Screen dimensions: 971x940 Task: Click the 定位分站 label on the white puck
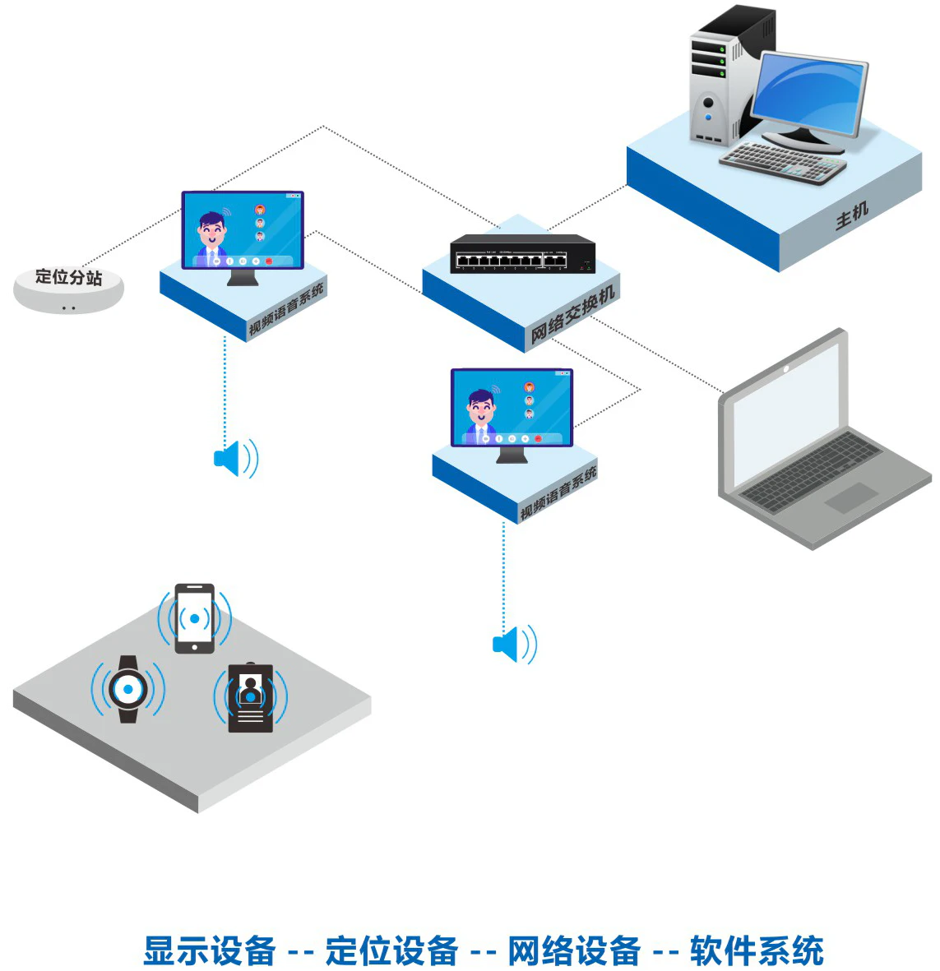point(68,277)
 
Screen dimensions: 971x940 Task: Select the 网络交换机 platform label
point(572,314)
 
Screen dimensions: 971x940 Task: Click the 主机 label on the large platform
point(852,215)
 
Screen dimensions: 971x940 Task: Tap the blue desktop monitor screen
point(809,95)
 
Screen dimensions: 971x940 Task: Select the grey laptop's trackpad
point(852,497)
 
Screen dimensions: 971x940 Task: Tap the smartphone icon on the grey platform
point(195,618)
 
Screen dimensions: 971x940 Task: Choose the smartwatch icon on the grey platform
point(128,689)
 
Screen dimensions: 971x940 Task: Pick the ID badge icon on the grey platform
point(250,697)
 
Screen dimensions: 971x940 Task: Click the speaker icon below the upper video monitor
point(235,458)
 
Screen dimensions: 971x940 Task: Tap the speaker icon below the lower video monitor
point(514,644)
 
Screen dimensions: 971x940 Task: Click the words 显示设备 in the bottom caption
point(209,950)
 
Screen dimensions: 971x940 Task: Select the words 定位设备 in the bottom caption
point(391,950)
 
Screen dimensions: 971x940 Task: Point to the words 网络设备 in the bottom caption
point(573,950)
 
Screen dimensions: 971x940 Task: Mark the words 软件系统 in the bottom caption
point(757,950)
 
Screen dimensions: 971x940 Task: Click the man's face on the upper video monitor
point(212,227)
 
